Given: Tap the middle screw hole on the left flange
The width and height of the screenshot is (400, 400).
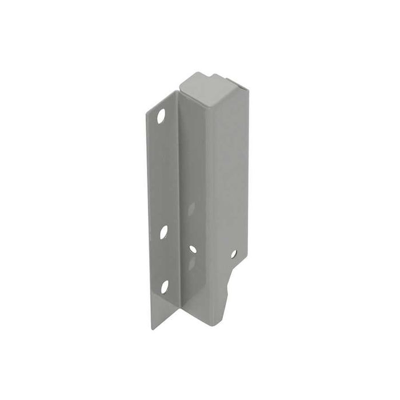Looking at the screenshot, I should [x=163, y=231].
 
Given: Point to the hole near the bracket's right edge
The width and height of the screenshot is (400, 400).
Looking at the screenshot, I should [x=233, y=253].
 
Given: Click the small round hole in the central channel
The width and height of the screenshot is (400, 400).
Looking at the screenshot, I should [x=193, y=249].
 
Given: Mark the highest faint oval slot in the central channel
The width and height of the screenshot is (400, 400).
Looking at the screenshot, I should [x=191, y=209].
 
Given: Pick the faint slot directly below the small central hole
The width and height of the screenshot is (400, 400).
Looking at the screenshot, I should [x=193, y=263].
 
